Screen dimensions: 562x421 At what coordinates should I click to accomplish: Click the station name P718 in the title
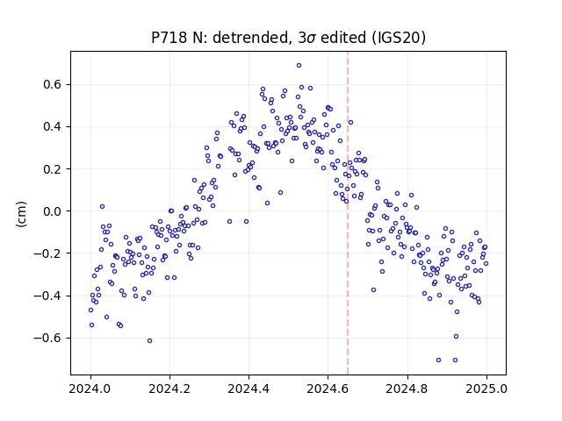click(169, 37)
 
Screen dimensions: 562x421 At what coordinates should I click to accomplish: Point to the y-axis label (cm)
click(21, 214)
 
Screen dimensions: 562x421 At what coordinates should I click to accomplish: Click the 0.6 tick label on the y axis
click(53, 84)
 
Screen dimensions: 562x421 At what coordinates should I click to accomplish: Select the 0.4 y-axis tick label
click(53, 126)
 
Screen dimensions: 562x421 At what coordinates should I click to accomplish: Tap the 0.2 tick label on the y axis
click(53, 169)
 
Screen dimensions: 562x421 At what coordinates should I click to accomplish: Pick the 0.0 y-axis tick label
click(53, 211)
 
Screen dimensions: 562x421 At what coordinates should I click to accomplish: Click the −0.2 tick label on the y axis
click(47, 253)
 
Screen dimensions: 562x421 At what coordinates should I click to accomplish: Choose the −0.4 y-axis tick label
click(47, 296)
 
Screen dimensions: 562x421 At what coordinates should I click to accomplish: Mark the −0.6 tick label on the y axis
click(47, 338)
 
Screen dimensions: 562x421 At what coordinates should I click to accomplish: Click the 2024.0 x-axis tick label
click(90, 389)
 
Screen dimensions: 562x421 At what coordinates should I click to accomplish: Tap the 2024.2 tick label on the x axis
click(169, 389)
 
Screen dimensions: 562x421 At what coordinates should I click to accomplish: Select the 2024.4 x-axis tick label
click(249, 389)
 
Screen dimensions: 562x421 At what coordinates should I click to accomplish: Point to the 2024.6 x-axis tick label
click(328, 389)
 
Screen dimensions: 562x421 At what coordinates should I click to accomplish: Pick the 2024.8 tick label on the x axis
click(407, 389)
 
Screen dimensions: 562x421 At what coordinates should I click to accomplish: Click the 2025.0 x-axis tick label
click(486, 389)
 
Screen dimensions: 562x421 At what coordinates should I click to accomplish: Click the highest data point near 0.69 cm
click(299, 66)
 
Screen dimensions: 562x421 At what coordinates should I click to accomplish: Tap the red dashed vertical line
click(348, 213)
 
